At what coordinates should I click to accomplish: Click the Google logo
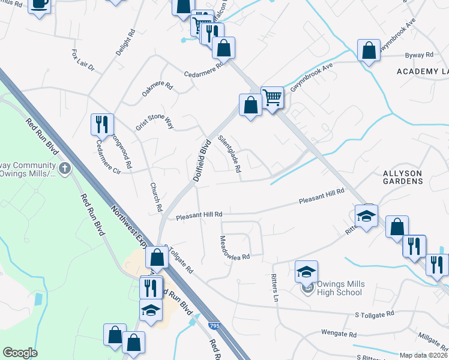coord(20,353)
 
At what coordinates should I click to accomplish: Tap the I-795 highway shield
coord(214,325)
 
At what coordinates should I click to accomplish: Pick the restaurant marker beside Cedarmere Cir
coord(101,124)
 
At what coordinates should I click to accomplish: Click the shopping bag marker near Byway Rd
coord(369,50)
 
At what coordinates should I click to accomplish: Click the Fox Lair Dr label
coord(83,61)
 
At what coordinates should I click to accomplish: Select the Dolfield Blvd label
coord(203,161)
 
